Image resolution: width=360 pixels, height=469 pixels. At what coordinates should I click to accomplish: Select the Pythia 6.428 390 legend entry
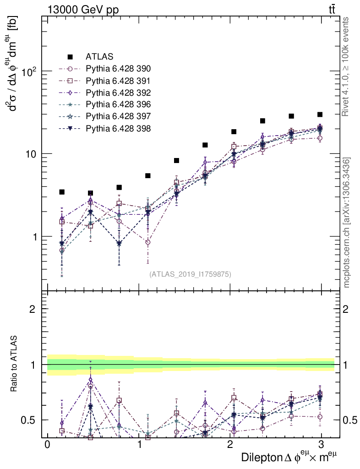click(x=118, y=69)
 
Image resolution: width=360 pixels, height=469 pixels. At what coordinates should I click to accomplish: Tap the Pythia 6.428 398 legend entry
click(x=118, y=128)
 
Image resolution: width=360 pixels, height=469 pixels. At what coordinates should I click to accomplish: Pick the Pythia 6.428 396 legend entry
click(x=118, y=104)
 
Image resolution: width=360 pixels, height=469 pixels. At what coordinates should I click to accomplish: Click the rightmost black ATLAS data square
click(x=320, y=115)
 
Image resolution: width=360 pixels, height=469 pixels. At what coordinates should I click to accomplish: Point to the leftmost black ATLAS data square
click(x=62, y=192)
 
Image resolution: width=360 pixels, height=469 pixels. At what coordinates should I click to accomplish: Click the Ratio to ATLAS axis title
click(x=14, y=365)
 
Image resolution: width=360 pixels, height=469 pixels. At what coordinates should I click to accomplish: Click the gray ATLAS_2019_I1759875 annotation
click(x=190, y=274)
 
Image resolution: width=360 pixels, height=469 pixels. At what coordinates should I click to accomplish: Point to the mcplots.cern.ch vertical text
click(x=347, y=223)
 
